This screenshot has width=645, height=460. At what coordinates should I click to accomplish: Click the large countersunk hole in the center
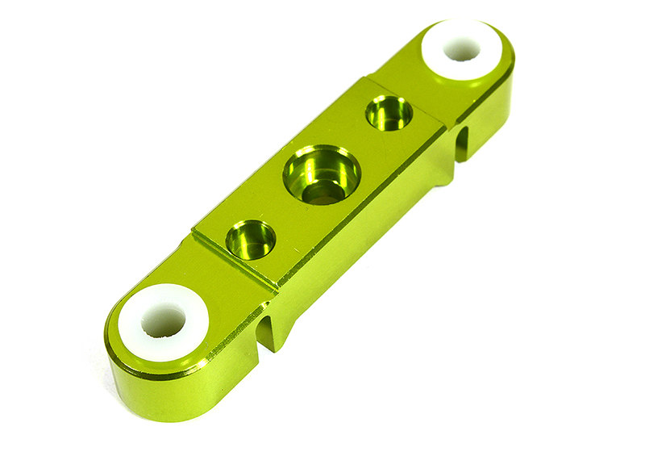coord(321,174)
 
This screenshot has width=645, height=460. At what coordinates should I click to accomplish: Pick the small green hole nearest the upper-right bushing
coord(389,113)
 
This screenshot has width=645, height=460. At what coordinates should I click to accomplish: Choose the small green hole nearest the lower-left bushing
coord(250,239)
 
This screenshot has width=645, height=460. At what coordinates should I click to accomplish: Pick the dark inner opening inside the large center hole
coord(324,191)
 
